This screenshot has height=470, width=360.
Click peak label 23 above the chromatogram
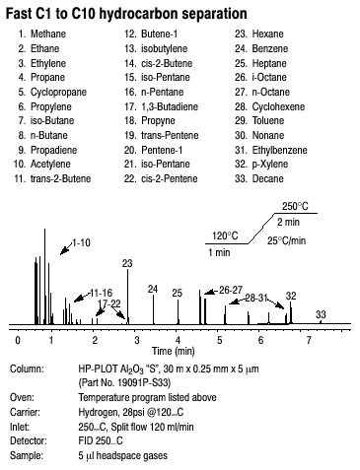point(127,263)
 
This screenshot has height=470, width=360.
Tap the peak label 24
point(153,288)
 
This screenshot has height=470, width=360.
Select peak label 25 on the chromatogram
point(178,293)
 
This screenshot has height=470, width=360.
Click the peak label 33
point(321,313)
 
